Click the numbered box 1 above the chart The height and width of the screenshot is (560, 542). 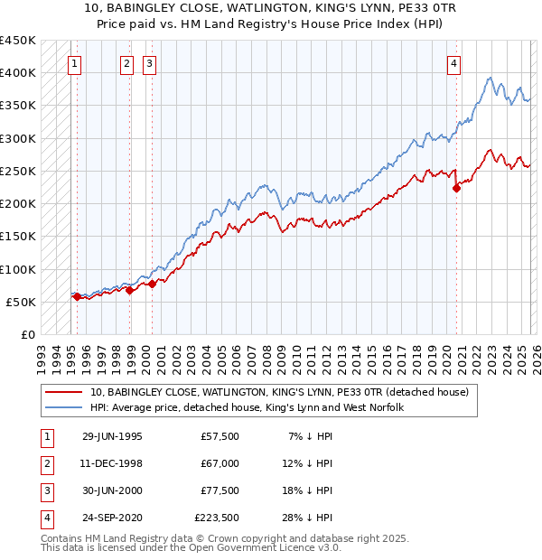(x=74, y=63)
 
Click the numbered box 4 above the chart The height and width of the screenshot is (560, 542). (x=453, y=63)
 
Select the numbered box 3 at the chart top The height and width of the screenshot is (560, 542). (x=149, y=63)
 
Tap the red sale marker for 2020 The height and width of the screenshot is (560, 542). (x=456, y=188)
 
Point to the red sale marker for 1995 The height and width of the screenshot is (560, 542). (x=77, y=296)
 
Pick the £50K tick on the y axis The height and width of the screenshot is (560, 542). (x=22, y=302)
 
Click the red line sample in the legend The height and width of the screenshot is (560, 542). (x=63, y=393)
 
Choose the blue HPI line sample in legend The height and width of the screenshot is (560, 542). (x=63, y=408)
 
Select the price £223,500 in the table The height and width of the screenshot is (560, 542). (x=217, y=518)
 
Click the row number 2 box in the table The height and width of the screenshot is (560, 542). (x=45, y=463)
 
